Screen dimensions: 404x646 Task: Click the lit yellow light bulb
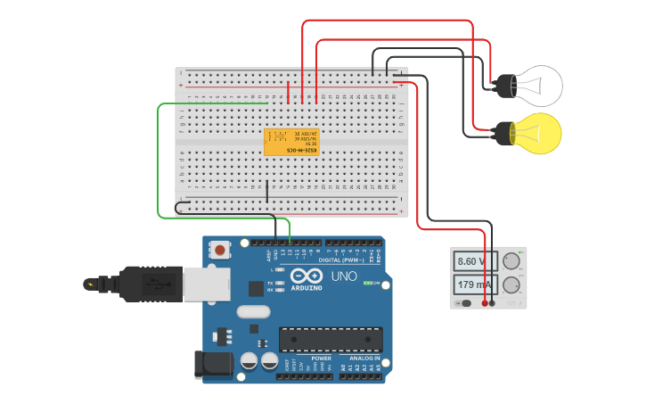[x=537, y=133]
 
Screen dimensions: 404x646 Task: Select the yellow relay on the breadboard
[x=291, y=142]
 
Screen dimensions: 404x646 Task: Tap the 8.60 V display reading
[x=476, y=261]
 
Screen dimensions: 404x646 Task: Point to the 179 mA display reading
[x=476, y=285]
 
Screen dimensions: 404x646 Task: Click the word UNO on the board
[x=344, y=276]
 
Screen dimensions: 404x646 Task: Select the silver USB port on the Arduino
[x=206, y=284]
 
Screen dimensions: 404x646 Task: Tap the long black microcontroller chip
[x=331, y=339]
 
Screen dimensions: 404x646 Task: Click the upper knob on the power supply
[x=511, y=261]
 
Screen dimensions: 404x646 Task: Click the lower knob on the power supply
[x=511, y=285]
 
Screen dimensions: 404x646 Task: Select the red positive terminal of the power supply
[x=485, y=303]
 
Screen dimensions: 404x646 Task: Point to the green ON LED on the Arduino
[x=368, y=283]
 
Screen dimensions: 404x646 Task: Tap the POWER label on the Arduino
[x=321, y=359]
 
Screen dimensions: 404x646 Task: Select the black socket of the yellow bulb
[x=504, y=134]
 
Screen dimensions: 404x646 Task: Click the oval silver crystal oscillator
[x=253, y=312]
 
